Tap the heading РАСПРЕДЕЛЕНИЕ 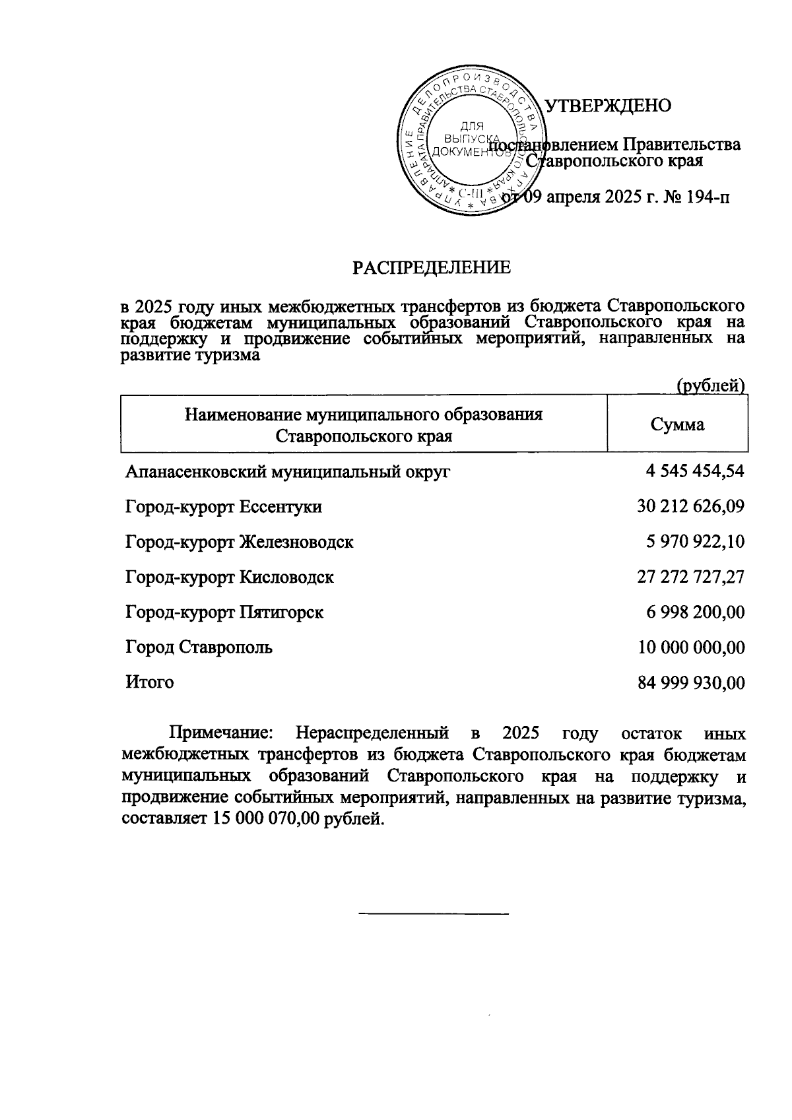coord(432,267)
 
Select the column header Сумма coord(677,424)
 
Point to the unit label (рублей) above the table coord(711,385)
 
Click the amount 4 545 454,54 coord(695,471)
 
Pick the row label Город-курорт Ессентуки coord(224,507)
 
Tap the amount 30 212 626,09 coord(690,507)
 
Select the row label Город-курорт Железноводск coord(240,542)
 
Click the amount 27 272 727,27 coord(690,577)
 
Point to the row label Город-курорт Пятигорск coord(224,612)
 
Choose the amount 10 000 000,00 coord(691,647)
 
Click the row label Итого coord(150,682)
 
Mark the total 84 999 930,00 coord(691,683)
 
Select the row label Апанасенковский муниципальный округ coord(288,472)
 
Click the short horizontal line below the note coord(434,913)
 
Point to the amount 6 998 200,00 coord(695,612)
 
